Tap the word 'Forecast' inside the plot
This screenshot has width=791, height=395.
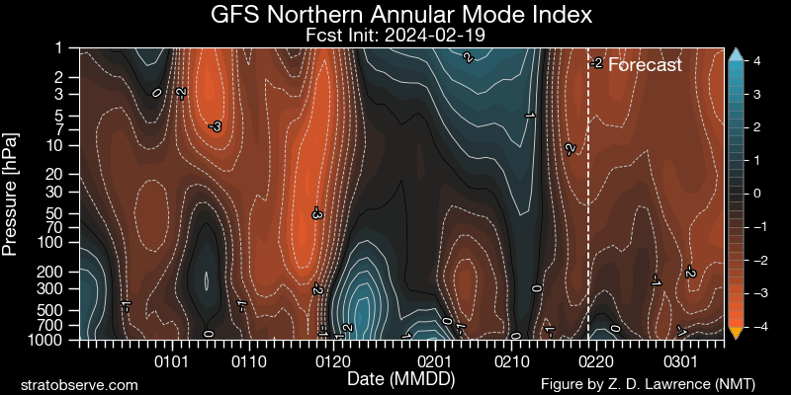point(645,65)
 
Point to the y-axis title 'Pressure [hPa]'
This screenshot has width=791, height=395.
point(12,193)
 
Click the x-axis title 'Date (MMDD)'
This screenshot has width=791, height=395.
point(395,378)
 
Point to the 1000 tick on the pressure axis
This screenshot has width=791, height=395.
point(56,341)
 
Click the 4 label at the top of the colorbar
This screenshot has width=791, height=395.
point(756,61)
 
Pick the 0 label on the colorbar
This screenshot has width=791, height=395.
point(756,194)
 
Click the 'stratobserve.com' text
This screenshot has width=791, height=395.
point(79,383)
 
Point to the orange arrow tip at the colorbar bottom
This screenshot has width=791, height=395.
point(735,333)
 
